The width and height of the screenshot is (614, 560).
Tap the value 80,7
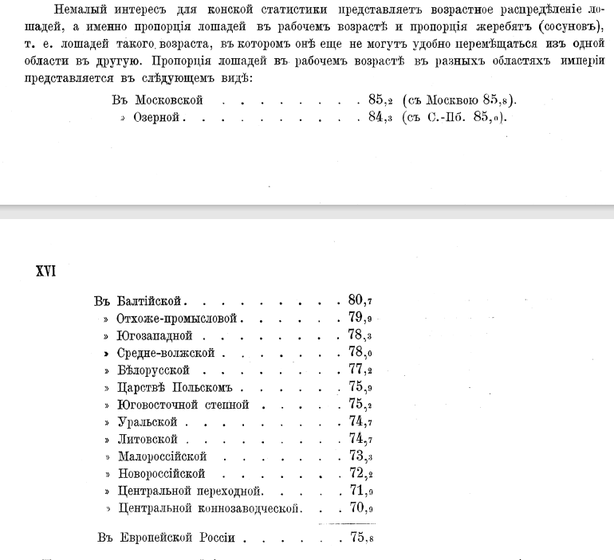pos(360,301)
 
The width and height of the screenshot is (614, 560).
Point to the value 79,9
pos(360,319)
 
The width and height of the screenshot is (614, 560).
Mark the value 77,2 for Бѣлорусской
pos(360,370)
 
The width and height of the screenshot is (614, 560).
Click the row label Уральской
pos(147,421)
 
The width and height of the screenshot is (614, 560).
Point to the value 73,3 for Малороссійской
pos(360,456)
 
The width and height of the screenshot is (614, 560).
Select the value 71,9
pos(360,491)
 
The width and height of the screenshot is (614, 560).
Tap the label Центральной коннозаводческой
pos(208,508)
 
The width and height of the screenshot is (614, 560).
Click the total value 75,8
pos(360,538)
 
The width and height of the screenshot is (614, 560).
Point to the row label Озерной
pos(159,117)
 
